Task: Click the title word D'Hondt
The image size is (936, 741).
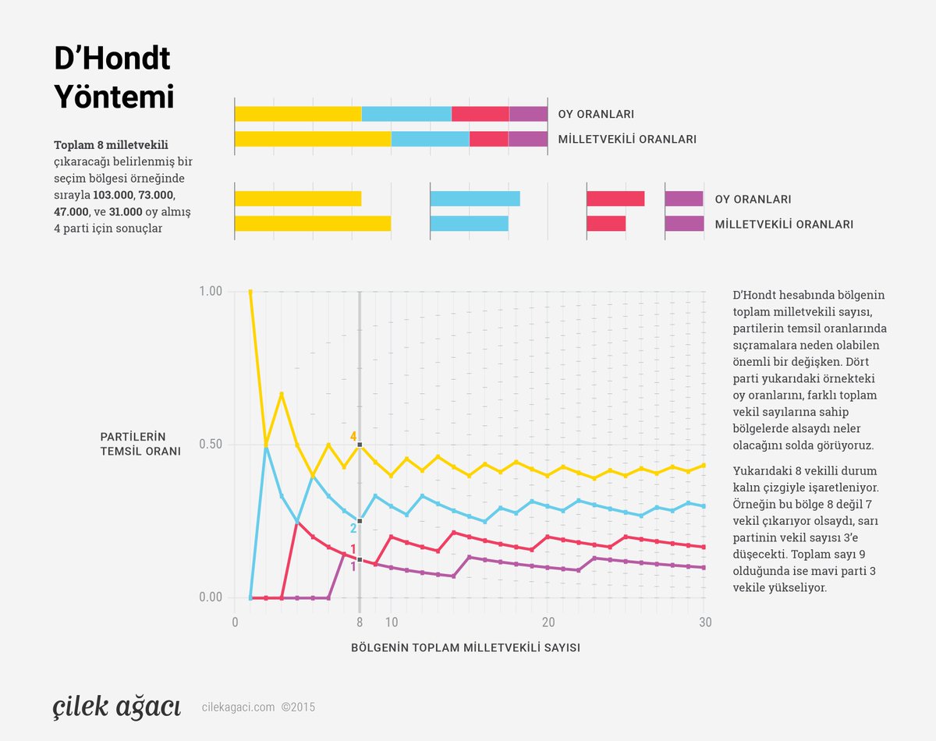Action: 112,60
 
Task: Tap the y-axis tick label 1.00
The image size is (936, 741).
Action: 210,291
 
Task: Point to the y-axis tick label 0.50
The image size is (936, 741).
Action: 210,445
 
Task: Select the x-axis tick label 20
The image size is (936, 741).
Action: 548,623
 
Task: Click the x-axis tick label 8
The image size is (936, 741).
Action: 360,623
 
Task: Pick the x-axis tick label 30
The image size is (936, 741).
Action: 704,623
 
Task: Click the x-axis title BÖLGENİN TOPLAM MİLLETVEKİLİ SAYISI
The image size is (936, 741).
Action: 465,647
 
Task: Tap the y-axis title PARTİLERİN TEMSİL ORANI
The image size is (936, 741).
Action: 140,444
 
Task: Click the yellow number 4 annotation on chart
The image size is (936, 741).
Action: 353,437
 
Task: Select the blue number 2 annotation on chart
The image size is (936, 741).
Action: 353,529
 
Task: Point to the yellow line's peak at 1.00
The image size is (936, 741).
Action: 250,292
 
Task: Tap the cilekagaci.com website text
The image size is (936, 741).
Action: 238,707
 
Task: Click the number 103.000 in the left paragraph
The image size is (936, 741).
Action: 112,194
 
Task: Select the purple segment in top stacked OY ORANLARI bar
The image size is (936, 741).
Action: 528,114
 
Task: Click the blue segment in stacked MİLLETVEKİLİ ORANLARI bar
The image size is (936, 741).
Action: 430,139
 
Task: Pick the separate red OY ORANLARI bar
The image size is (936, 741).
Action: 615,198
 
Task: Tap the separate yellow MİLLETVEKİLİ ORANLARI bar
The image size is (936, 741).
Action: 312,224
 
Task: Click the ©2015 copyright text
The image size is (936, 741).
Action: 299,707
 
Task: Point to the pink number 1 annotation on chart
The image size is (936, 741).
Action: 353,550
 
